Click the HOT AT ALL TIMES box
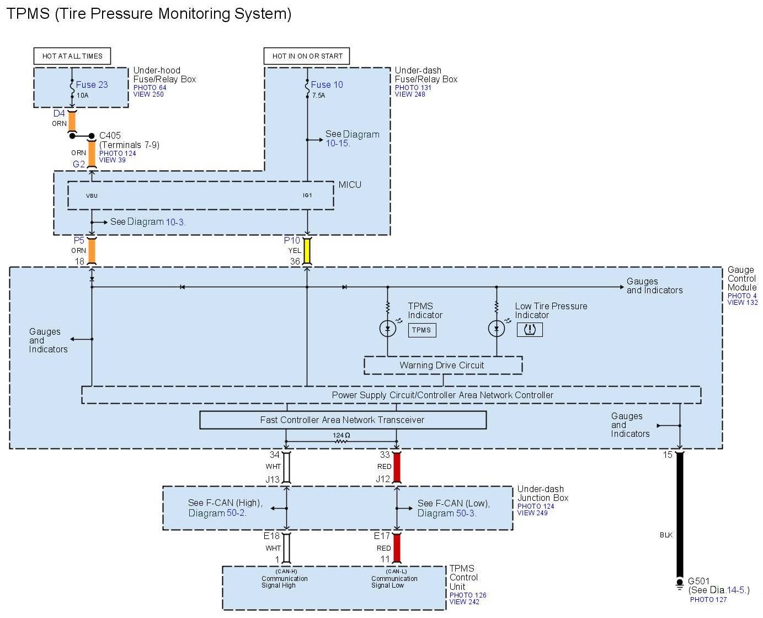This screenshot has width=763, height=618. click(x=72, y=56)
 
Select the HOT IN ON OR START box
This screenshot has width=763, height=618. click(x=307, y=56)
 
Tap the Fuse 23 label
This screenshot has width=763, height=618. click(x=92, y=84)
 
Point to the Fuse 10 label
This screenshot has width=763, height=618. click(x=327, y=84)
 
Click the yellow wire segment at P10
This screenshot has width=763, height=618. click(x=307, y=251)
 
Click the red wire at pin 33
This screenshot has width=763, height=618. click(x=397, y=467)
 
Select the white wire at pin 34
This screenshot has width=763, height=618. click(x=286, y=467)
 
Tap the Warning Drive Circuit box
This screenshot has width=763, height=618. click(x=442, y=365)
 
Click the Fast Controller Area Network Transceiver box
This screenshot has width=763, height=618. click(x=343, y=420)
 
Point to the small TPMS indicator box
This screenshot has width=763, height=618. click(x=421, y=330)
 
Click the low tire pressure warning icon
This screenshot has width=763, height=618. click(x=530, y=330)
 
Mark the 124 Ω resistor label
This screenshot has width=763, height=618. click(x=342, y=435)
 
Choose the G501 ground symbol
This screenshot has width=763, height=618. click(x=680, y=584)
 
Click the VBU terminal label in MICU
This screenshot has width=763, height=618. click(x=92, y=196)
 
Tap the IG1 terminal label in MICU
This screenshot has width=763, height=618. click(x=307, y=195)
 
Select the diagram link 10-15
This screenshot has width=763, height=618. click(x=338, y=144)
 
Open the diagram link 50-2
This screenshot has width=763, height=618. click(x=236, y=513)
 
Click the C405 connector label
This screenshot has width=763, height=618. click(x=110, y=135)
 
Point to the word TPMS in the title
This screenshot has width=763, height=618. click(x=28, y=13)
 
